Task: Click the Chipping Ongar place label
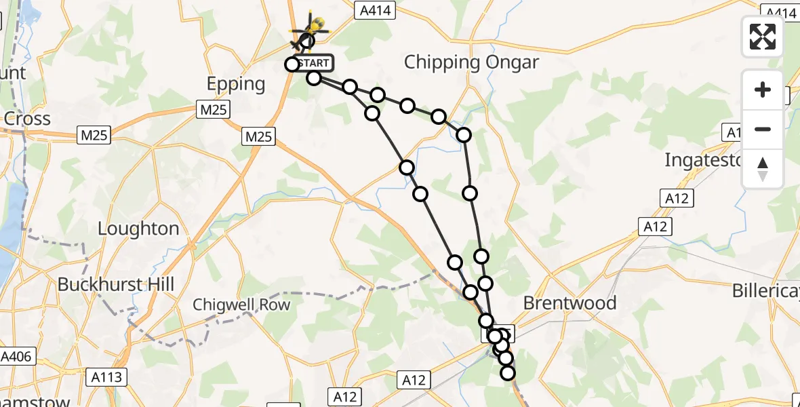(471, 63)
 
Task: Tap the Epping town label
(236, 84)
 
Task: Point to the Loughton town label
(138, 229)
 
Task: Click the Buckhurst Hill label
(116, 284)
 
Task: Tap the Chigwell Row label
(241, 305)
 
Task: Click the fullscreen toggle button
(763, 36)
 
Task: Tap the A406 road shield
(16, 357)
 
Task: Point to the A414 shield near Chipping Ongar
(371, 9)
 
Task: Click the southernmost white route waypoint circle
(507, 372)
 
